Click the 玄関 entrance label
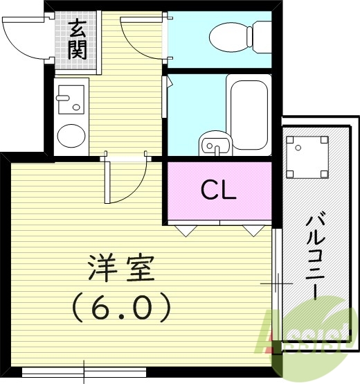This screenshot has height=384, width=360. [x=77, y=40]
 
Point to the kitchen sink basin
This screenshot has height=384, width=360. [x=69, y=98]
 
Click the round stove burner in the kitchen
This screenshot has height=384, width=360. [x=69, y=134]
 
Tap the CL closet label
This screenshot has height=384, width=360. [x=219, y=189]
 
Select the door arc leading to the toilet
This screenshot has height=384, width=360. [x=142, y=37]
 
